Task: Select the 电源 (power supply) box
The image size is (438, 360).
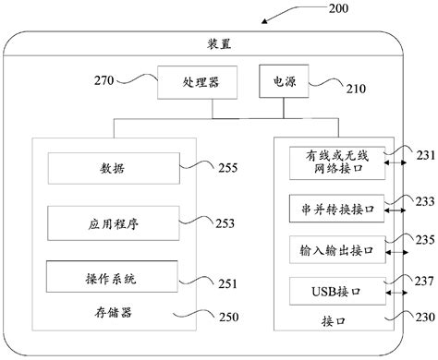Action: coord(278,81)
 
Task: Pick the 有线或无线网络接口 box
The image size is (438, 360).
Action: coord(336,163)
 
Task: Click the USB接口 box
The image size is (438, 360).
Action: coord(336,291)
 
